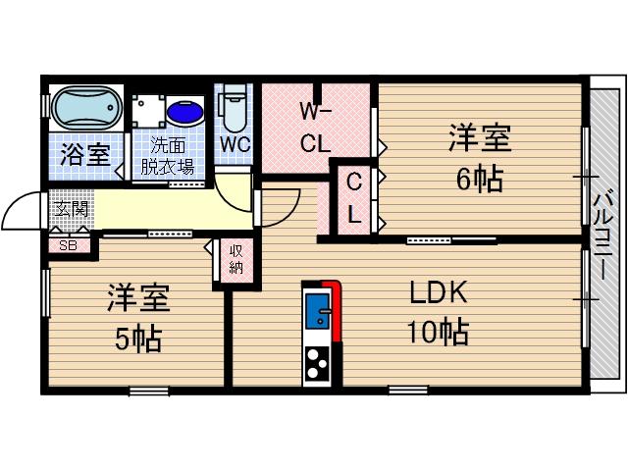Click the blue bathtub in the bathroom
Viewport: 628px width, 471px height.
coord(84,109)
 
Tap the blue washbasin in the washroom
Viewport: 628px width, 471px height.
coord(186,110)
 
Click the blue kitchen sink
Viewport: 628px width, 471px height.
coord(319,315)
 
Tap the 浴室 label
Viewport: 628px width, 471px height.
coord(83,154)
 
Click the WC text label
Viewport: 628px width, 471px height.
coord(235,144)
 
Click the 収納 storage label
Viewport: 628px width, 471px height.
coord(236,259)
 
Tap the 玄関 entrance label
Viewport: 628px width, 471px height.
coord(71,209)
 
